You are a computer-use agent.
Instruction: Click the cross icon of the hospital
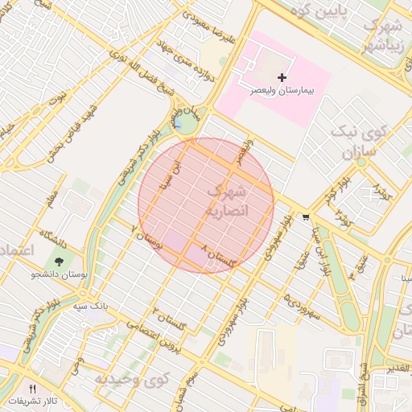(x=282, y=77)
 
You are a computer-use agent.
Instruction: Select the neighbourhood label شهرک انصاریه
(x=229, y=201)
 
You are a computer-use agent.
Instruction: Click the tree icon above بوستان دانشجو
(x=60, y=260)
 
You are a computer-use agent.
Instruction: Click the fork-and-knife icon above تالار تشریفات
(x=33, y=388)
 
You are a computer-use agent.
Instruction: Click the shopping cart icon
(x=306, y=216)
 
